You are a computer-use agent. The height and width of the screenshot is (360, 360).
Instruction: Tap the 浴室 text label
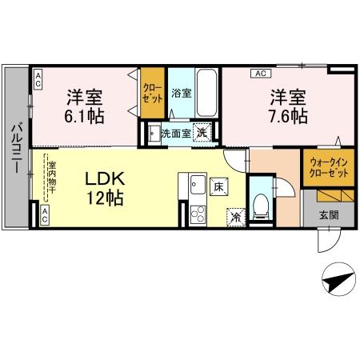[x=182, y=93]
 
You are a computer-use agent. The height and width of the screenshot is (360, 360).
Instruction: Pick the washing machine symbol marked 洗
[x=202, y=134]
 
